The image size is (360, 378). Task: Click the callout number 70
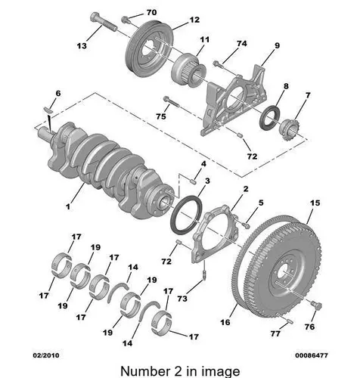tap(151, 12)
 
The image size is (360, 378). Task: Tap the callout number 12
tap(194, 20)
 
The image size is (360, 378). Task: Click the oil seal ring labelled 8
tap(269, 117)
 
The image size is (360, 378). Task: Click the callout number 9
tap(277, 45)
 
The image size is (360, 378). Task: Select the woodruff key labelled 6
tap(48, 109)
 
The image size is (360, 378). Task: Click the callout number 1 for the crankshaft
tap(68, 207)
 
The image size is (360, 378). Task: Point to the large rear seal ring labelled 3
tap(186, 214)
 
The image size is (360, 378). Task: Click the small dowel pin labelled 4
tap(194, 181)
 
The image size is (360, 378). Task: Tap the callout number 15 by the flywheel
tap(315, 203)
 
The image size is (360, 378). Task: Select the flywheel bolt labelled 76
tap(316, 305)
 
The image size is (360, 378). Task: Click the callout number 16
tap(225, 322)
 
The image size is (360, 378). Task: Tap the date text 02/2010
tap(46, 355)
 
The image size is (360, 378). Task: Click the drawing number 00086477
tap(312, 355)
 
